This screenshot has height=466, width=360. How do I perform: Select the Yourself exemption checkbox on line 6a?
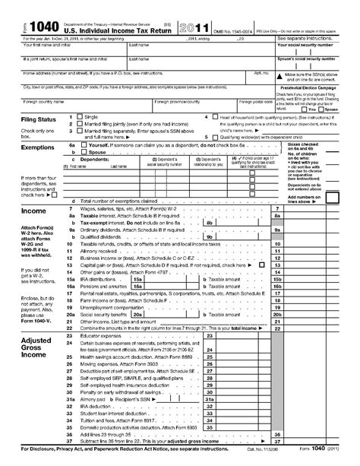pos(84,144)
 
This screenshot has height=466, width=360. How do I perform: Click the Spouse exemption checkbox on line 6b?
pos(84,151)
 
